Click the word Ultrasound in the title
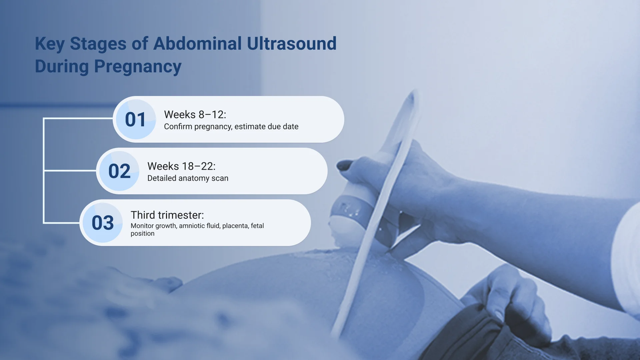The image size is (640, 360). [x=292, y=44]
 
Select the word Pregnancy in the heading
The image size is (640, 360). [x=138, y=67]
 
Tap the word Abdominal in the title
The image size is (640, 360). [x=197, y=44]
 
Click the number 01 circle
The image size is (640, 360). [x=136, y=119]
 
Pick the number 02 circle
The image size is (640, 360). [x=119, y=171]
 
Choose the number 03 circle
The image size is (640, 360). [x=103, y=223]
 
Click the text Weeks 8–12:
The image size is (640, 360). [x=195, y=115]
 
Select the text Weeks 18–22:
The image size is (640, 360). [x=181, y=166]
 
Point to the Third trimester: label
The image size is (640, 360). [x=167, y=215]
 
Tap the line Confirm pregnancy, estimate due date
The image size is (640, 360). [x=231, y=127]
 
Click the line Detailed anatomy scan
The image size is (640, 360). [x=188, y=178]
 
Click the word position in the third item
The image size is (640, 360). [x=142, y=234]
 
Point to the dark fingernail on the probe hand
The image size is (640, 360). [x=345, y=165]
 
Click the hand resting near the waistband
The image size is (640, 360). [x=510, y=300]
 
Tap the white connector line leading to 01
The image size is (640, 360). [x=78, y=118]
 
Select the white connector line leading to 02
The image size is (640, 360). [x=70, y=171]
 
